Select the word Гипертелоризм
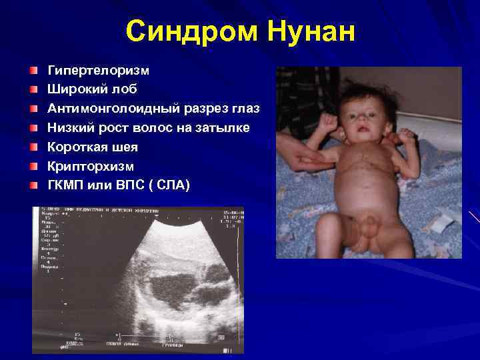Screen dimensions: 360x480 pyautogui.click(x=98, y=70)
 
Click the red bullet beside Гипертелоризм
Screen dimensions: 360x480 pyautogui.click(x=33, y=70)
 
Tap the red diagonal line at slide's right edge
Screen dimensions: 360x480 pyautogui.click(x=474, y=217)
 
